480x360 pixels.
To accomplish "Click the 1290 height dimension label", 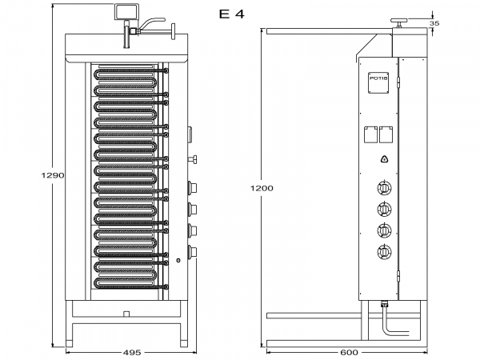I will [x=52, y=174].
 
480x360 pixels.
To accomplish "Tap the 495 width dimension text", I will [x=132, y=352].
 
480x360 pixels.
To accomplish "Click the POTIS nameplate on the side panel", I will [x=378, y=78].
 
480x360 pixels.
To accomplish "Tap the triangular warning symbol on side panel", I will [x=384, y=159].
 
